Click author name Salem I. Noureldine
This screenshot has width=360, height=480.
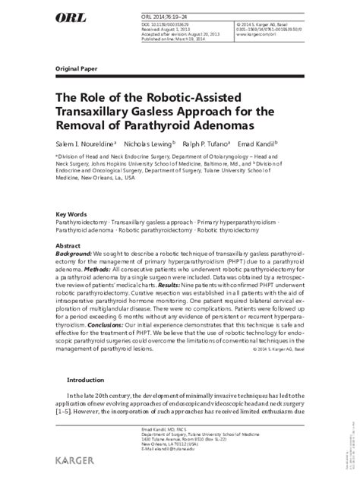click(x=86, y=142)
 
